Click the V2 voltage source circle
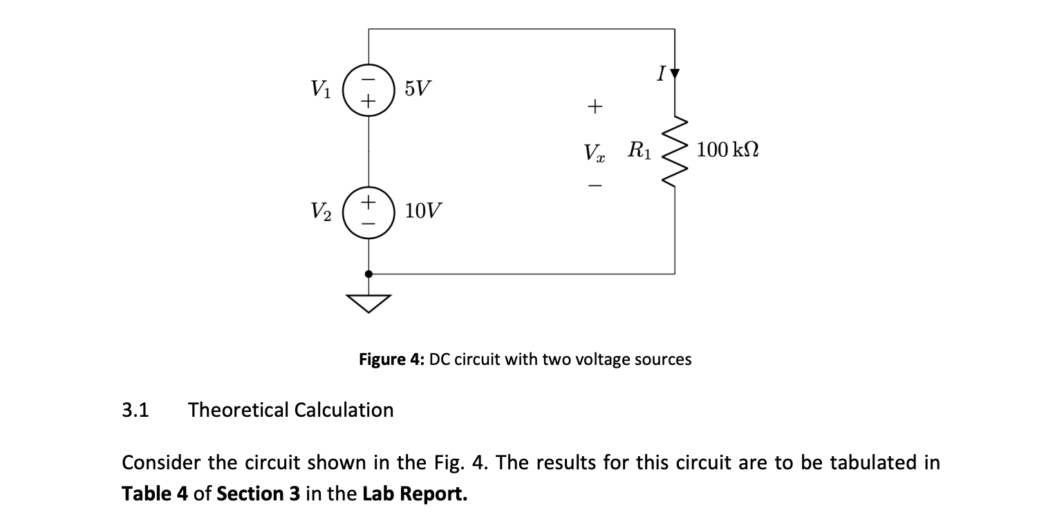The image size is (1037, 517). (x=368, y=213)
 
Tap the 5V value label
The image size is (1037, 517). (x=417, y=88)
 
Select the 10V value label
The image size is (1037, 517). (x=424, y=210)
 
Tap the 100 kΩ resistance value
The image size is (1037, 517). (x=727, y=149)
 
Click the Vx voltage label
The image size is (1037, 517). (x=594, y=151)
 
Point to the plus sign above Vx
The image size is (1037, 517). (x=594, y=106)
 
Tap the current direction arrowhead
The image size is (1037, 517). (x=675, y=73)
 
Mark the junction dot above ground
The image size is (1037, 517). (x=368, y=274)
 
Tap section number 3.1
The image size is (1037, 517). (x=136, y=410)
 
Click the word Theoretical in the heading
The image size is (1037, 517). (x=240, y=410)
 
